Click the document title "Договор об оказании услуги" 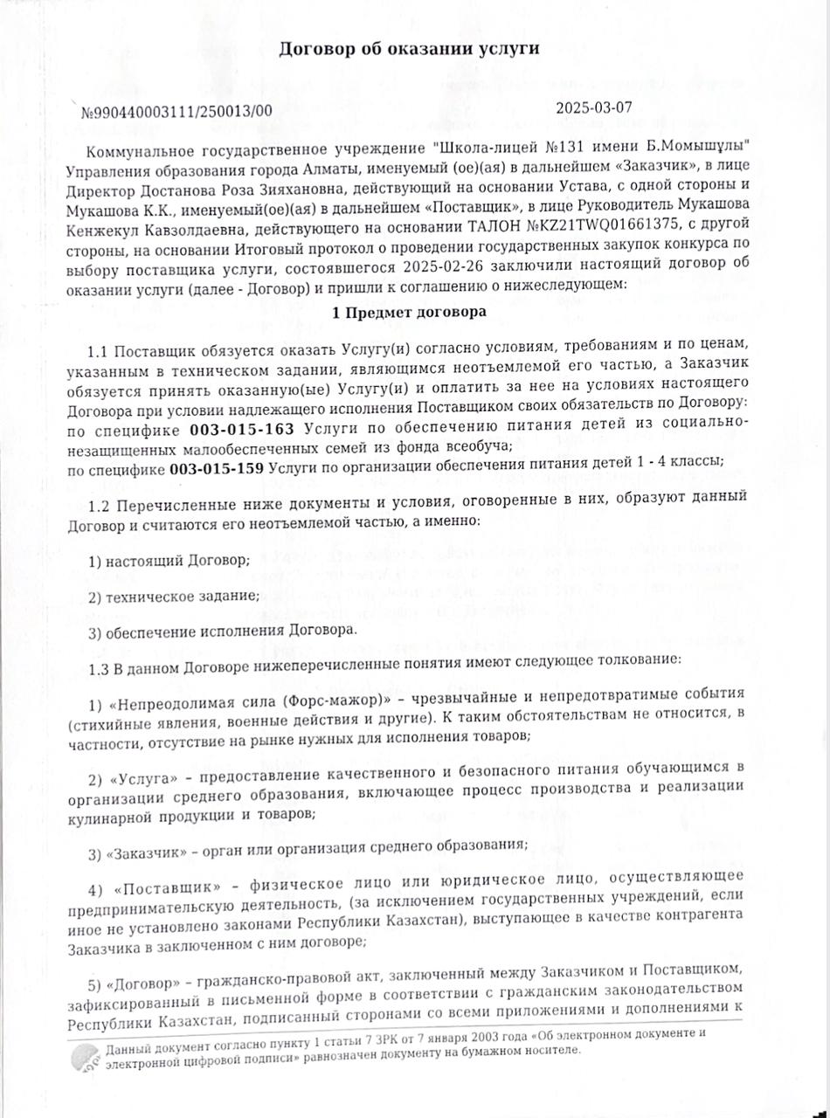pos(408,49)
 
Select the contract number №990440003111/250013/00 pos(176,112)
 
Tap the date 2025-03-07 pos(593,109)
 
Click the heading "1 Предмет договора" pos(409,312)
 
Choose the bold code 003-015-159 pos(218,468)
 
